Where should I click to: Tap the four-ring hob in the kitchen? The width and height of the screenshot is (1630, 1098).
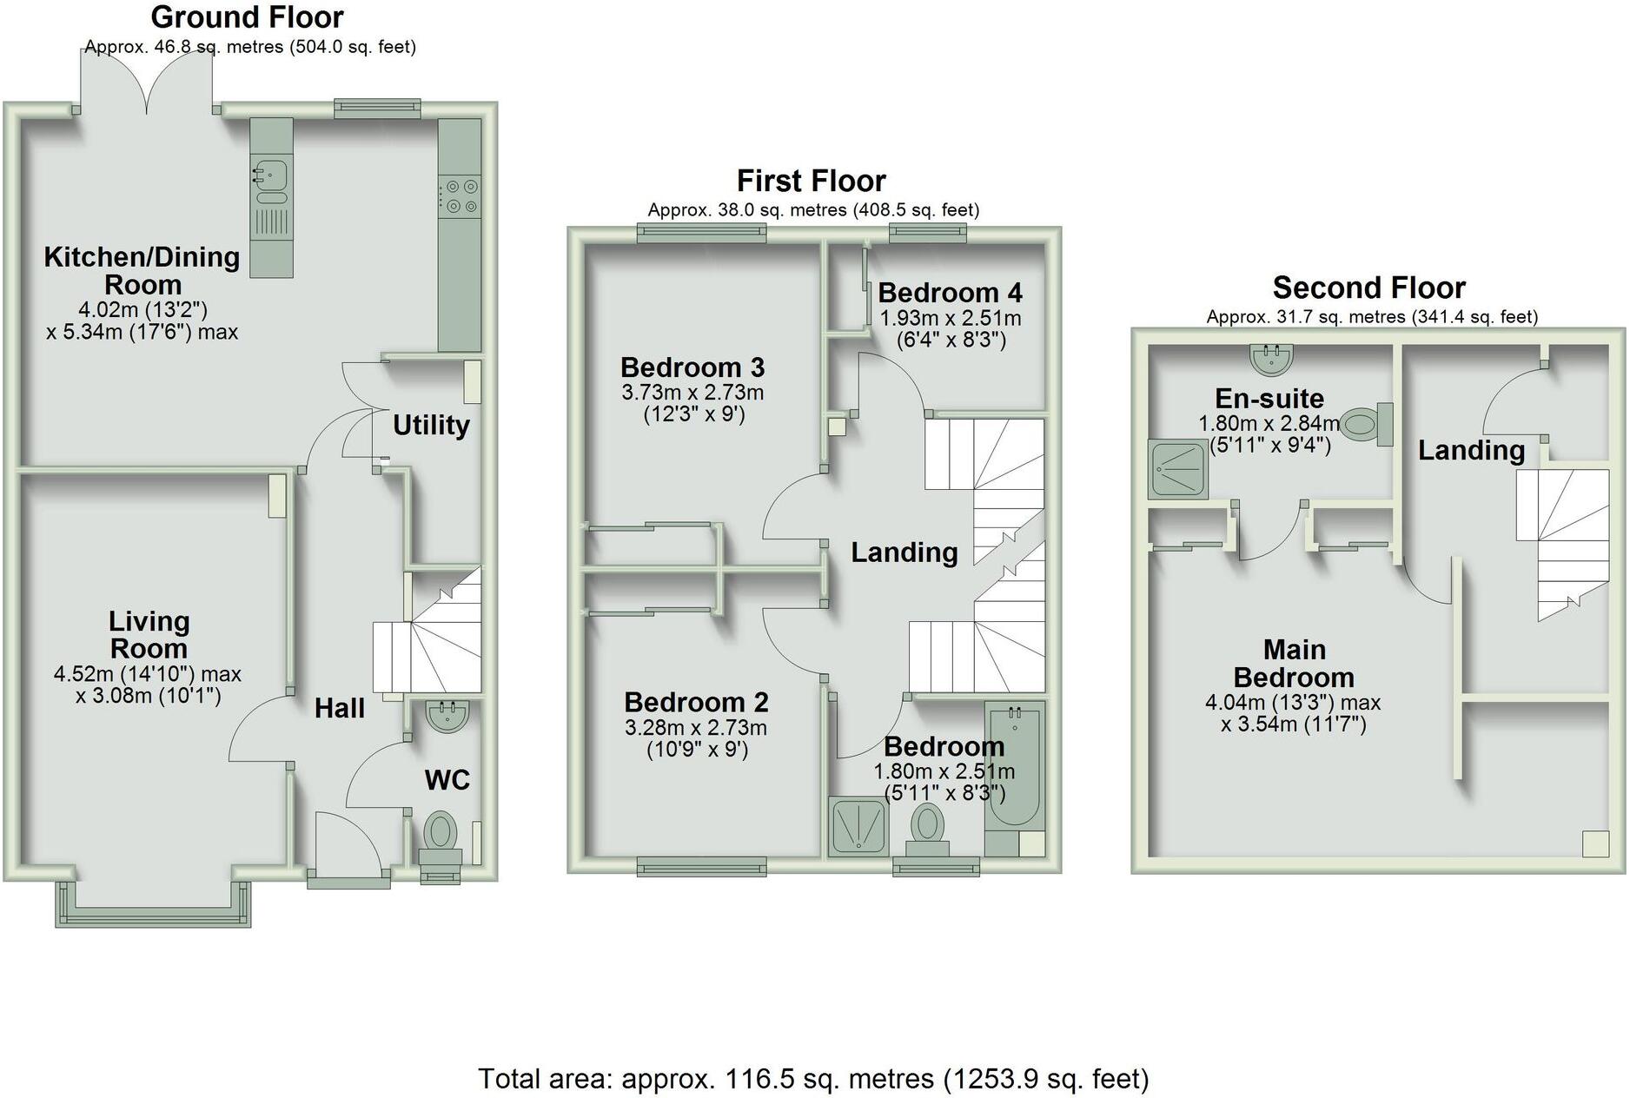tap(460, 195)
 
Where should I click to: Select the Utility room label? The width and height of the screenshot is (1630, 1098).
tap(431, 425)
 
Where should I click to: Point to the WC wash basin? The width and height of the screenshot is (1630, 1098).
tap(448, 716)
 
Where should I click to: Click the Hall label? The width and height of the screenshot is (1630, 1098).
tap(340, 708)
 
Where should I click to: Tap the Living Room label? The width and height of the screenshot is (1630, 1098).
tap(149, 635)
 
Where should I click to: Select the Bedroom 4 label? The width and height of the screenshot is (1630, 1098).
tap(950, 292)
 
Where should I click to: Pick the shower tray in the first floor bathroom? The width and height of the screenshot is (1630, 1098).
tap(858, 825)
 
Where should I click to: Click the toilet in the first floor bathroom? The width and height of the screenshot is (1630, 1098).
tap(928, 825)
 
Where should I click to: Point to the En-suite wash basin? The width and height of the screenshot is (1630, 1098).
tap(1272, 357)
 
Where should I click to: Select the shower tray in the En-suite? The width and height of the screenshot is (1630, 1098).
tap(1177, 469)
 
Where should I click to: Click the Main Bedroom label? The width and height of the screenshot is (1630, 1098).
tap(1294, 664)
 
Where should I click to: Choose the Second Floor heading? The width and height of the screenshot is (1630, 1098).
tap(1368, 288)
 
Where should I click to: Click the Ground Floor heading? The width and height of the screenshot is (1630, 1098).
tap(248, 17)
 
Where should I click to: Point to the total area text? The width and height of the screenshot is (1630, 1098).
tap(813, 1079)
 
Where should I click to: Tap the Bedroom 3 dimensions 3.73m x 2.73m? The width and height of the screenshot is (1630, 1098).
tap(692, 393)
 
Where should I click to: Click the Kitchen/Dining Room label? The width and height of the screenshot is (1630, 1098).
tap(142, 270)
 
